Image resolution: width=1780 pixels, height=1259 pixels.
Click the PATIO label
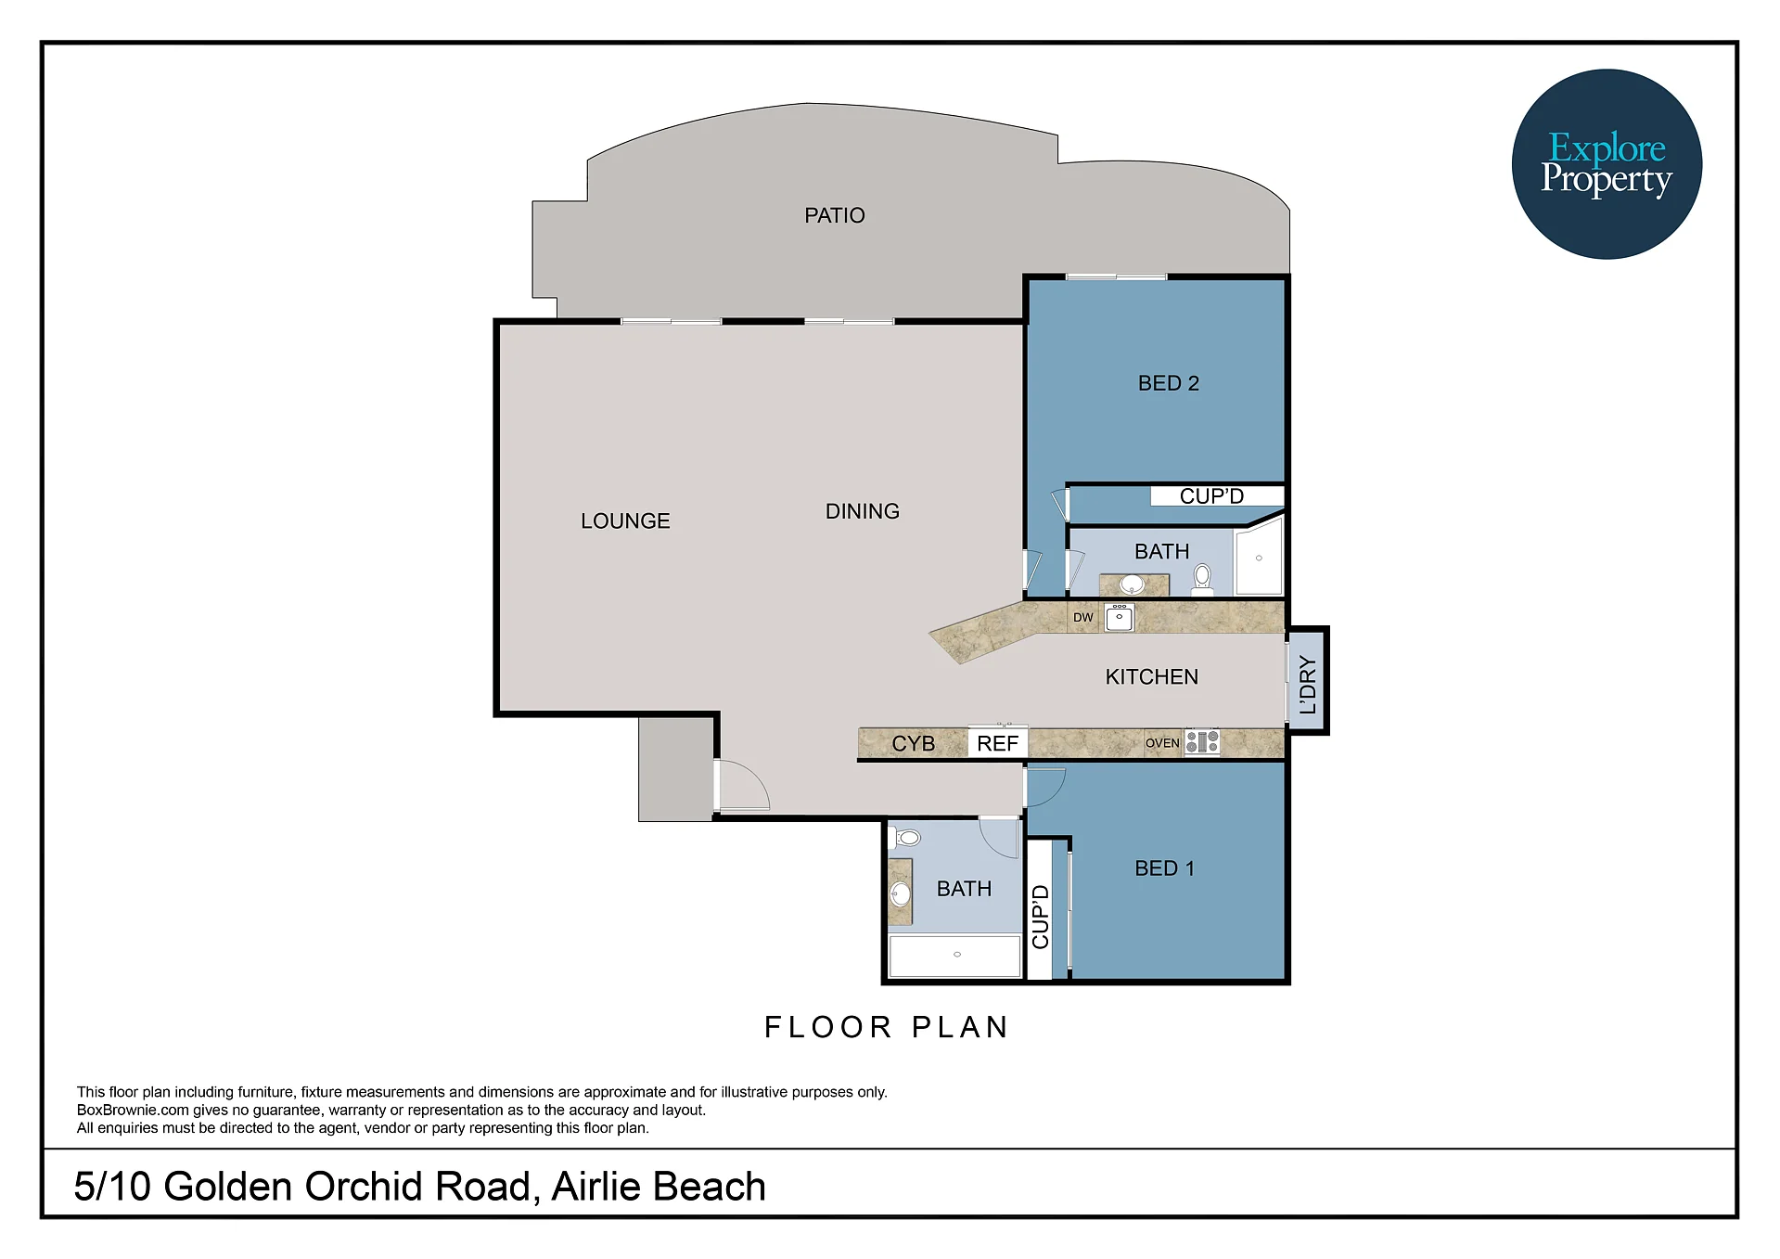tap(834, 215)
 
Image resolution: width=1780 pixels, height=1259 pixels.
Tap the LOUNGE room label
tap(625, 521)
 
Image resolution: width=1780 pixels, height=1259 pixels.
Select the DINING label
tap(862, 511)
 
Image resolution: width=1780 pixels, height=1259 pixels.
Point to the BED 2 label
tap(1168, 383)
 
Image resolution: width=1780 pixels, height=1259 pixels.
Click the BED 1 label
tap(1164, 868)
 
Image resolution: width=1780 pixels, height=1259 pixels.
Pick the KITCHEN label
tap(1151, 677)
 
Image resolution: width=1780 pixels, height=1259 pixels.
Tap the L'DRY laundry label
tap(1308, 684)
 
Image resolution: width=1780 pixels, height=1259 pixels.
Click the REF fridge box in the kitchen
tap(997, 743)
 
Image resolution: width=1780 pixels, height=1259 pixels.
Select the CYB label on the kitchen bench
tap(913, 744)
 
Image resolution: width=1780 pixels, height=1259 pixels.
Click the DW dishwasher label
tap(1082, 617)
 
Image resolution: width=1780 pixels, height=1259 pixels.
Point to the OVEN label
tap(1162, 743)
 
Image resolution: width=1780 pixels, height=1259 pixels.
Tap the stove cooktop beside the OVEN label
tap(1202, 742)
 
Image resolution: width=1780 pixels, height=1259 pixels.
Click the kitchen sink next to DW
tap(1119, 617)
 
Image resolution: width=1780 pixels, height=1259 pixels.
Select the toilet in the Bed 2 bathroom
tap(1202, 579)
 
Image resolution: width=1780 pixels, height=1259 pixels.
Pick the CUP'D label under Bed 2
tap(1211, 496)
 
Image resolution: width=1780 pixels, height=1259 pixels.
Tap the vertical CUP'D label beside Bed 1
tap(1040, 916)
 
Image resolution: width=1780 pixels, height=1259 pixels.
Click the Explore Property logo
tap(1607, 164)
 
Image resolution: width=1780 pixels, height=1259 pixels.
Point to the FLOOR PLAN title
tap(886, 1027)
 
